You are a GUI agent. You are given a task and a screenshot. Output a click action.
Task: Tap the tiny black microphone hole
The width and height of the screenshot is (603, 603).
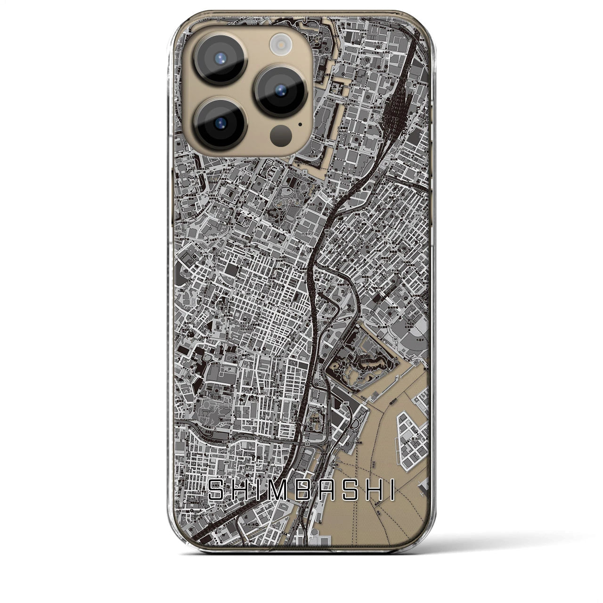[300, 125]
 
